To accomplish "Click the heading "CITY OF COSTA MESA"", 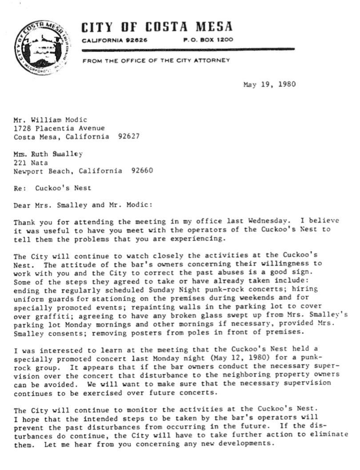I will (x=157, y=27).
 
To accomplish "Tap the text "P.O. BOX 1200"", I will (x=208, y=40).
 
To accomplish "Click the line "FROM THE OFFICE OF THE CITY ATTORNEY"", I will (x=156, y=60).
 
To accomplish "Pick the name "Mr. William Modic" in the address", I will (x=50, y=120).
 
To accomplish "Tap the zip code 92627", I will (x=129, y=136).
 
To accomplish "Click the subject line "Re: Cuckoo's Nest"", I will (x=52, y=188).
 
